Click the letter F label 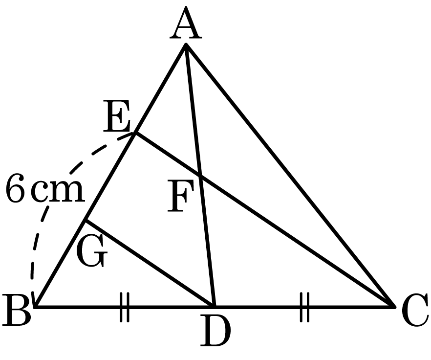pos(180,196)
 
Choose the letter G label pos(91,251)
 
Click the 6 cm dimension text pos(45,188)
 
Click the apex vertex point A pos(186,45)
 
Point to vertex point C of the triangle pos(394,306)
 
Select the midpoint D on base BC pos(214,306)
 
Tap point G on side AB pos(86,220)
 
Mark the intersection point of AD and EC pos(200,175)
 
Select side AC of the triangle pos(290,175)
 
